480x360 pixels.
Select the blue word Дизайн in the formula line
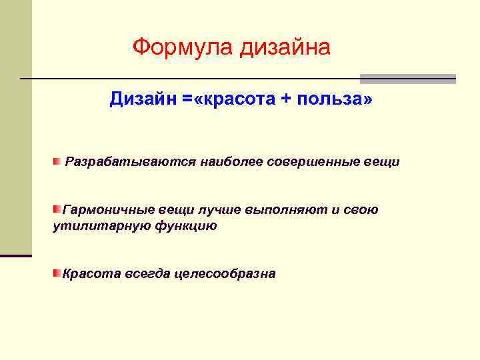[143, 99]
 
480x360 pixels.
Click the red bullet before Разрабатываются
[57, 162]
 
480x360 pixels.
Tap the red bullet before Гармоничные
[57, 210]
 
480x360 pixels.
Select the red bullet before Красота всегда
[57, 273]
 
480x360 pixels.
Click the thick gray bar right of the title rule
[408, 79]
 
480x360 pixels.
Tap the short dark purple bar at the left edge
[15, 255]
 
